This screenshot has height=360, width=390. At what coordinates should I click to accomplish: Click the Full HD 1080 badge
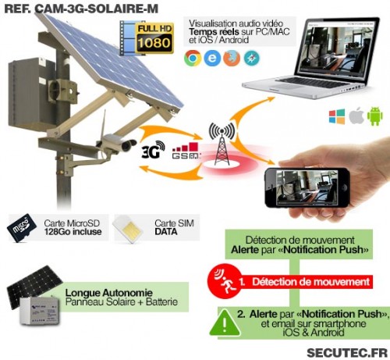[x=154, y=38]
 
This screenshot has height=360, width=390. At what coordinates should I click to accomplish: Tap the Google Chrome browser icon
[x=193, y=58]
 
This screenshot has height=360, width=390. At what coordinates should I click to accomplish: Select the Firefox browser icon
[x=232, y=58]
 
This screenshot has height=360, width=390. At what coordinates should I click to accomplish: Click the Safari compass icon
[x=252, y=58]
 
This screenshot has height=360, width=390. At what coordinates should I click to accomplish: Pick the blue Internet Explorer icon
[x=212, y=58]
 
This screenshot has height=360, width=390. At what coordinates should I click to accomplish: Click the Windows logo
[x=337, y=116]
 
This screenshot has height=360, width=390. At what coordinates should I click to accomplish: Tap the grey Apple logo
[x=356, y=116]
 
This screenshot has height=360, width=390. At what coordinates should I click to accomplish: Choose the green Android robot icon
[x=375, y=116]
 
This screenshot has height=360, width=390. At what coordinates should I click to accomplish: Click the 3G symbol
[x=153, y=150]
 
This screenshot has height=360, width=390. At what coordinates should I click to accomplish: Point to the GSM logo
[x=186, y=151]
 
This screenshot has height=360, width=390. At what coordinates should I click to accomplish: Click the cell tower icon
[x=222, y=144]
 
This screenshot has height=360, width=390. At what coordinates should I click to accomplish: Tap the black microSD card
[x=22, y=228]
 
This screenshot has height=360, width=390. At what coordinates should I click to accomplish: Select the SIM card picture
[x=128, y=228]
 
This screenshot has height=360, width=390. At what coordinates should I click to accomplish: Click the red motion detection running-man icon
[x=224, y=281]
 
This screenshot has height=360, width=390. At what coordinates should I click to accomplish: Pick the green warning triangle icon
[x=225, y=323]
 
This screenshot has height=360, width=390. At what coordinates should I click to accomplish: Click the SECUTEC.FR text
[x=347, y=353]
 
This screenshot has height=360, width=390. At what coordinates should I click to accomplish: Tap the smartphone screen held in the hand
[x=307, y=187]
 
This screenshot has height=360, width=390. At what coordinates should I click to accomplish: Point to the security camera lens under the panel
[x=129, y=145]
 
